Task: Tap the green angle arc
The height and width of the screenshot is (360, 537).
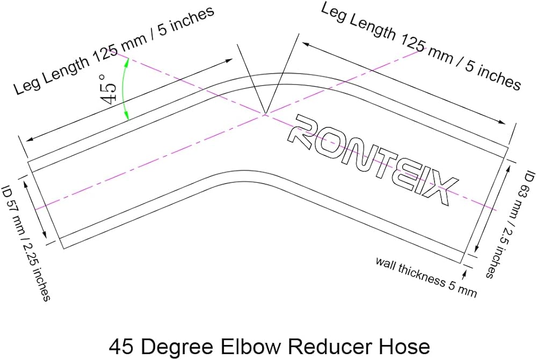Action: (125, 89)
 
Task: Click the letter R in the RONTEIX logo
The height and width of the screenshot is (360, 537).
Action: (302, 129)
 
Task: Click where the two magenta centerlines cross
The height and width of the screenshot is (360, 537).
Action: (265, 114)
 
